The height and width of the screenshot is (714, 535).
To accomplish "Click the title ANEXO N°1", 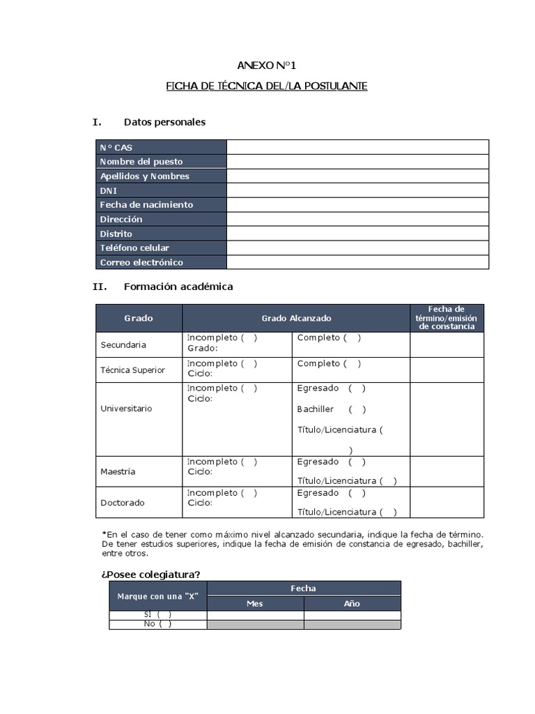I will pyautogui.click(x=267, y=66).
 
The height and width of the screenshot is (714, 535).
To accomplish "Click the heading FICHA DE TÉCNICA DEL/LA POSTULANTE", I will pyautogui.click(x=267, y=86).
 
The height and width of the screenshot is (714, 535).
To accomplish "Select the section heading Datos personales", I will pyautogui.click(x=164, y=122).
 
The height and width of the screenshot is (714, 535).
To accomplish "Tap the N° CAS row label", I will pyautogui.click(x=116, y=147).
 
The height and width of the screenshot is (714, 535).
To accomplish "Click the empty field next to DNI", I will pyautogui.click(x=357, y=190).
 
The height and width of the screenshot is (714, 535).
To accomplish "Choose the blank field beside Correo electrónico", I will pyautogui.click(x=357, y=262).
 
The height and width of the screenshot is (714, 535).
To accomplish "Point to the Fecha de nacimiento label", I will pyautogui.click(x=146, y=205).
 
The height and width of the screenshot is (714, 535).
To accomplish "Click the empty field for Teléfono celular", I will pyautogui.click(x=357, y=248).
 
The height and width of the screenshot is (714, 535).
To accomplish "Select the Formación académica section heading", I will pyautogui.click(x=178, y=287).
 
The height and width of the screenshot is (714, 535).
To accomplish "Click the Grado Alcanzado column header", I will pyautogui.click(x=296, y=318).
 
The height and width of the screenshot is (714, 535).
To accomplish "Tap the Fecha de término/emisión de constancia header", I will pyautogui.click(x=447, y=318).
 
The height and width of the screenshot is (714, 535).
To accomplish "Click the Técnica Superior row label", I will pyautogui.click(x=133, y=370).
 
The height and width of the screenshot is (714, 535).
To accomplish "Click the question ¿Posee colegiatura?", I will pyautogui.click(x=151, y=574).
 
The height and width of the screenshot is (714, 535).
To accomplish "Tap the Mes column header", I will pyautogui.click(x=255, y=604).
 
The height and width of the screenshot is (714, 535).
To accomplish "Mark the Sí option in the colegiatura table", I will pyautogui.click(x=158, y=614).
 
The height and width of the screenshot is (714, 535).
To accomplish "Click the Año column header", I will pyautogui.click(x=352, y=604).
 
